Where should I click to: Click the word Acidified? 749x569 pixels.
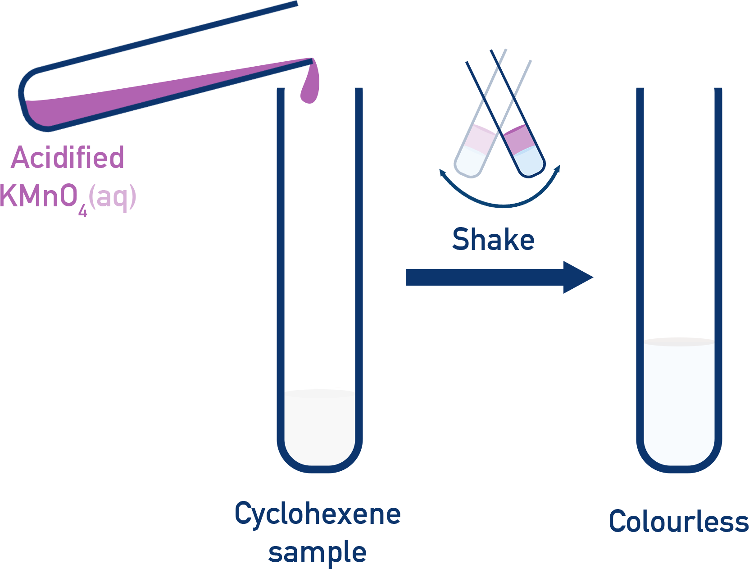pyautogui.click(x=68, y=158)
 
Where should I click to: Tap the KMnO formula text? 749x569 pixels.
pyautogui.click(x=38, y=196)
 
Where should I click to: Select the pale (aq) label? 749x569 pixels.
pyautogui.click(x=113, y=197)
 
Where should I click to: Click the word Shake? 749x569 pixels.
pyautogui.click(x=493, y=240)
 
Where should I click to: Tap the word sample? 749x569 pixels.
pyautogui.click(x=317, y=552)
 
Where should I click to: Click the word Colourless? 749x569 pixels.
pyautogui.click(x=678, y=522)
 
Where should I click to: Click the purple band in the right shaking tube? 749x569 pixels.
pyautogui.click(x=518, y=140)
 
